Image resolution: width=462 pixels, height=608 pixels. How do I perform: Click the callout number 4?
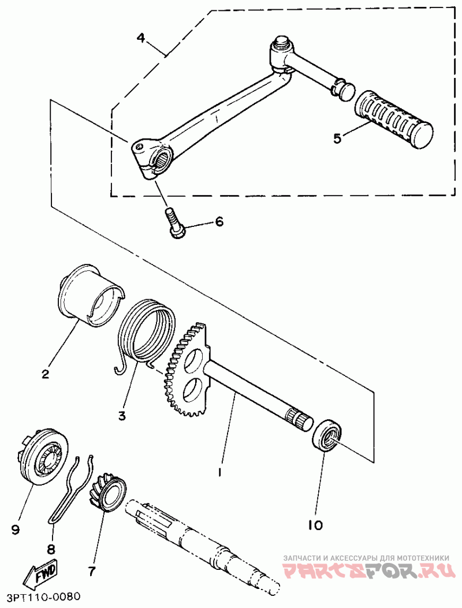coord(141,38)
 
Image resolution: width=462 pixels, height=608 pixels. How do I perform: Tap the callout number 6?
coord(219,222)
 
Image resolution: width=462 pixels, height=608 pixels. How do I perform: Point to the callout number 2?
coord(46,374)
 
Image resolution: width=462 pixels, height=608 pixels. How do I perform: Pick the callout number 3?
coord(122,416)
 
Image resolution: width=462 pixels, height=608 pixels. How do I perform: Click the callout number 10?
coord(315,525)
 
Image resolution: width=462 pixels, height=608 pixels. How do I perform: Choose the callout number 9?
coord(15,529)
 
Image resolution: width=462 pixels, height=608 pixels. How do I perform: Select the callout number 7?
coord(92,571)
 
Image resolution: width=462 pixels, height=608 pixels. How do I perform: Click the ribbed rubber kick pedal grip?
coord(393,120)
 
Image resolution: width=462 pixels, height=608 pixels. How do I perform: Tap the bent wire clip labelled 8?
coord(72,488)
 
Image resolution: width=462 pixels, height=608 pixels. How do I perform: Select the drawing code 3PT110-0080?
coord(43,596)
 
